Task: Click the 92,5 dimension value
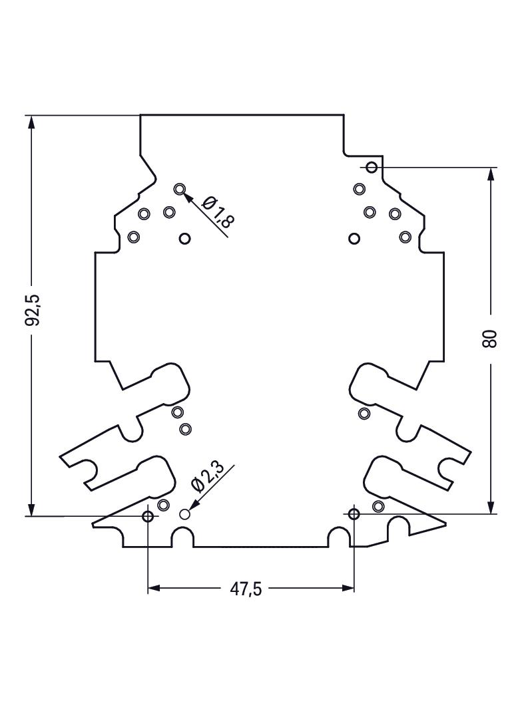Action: (33, 310)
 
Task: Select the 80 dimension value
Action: (490, 339)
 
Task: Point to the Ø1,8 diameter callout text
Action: (217, 212)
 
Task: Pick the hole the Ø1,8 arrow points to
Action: (180, 189)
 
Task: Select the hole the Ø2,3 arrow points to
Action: (184, 514)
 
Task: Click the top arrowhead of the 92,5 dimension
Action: (31, 125)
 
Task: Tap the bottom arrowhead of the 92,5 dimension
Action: (31, 506)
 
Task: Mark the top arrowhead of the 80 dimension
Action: (490, 177)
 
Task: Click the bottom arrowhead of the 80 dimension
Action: (490, 505)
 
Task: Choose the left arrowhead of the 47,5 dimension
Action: (154, 588)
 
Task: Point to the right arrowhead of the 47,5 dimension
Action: (348, 588)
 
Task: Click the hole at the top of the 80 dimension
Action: (372, 168)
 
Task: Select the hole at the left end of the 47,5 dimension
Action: (148, 516)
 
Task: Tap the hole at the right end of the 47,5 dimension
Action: (354, 513)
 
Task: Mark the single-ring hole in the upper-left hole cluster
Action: (184, 238)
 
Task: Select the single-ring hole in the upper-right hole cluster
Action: (354, 238)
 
